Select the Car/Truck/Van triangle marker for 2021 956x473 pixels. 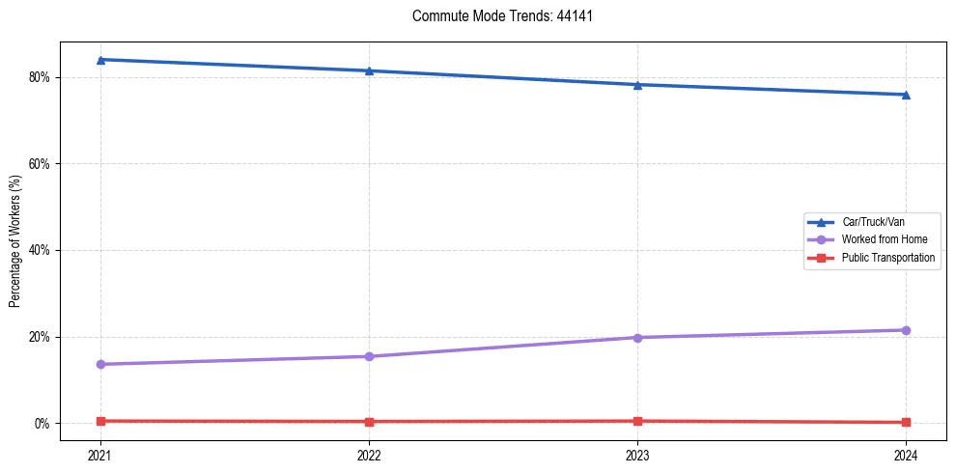(100, 60)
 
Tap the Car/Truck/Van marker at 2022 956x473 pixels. (369, 70)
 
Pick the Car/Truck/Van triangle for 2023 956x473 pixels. (637, 85)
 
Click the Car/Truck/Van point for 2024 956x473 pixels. (906, 95)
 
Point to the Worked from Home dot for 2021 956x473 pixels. (100, 364)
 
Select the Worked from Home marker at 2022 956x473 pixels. (369, 356)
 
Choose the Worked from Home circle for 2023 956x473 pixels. (637, 337)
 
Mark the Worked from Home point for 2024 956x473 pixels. (906, 330)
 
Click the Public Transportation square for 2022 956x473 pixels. (369, 422)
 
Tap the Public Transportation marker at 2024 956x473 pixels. (906, 422)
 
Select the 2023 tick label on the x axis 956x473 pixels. (637, 454)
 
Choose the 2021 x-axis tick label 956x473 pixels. (100, 454)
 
